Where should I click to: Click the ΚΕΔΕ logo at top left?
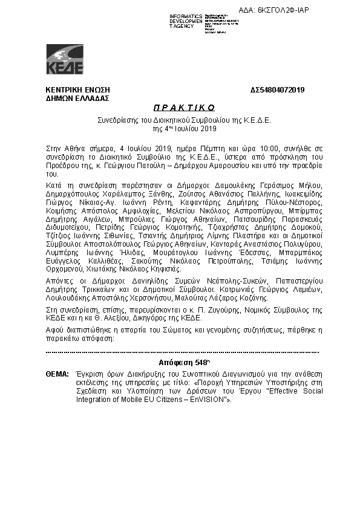point(65,59)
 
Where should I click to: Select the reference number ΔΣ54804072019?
point(277,90)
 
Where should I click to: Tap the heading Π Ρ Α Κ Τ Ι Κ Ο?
point(179,108)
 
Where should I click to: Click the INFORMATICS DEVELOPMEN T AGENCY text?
point(186,21)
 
